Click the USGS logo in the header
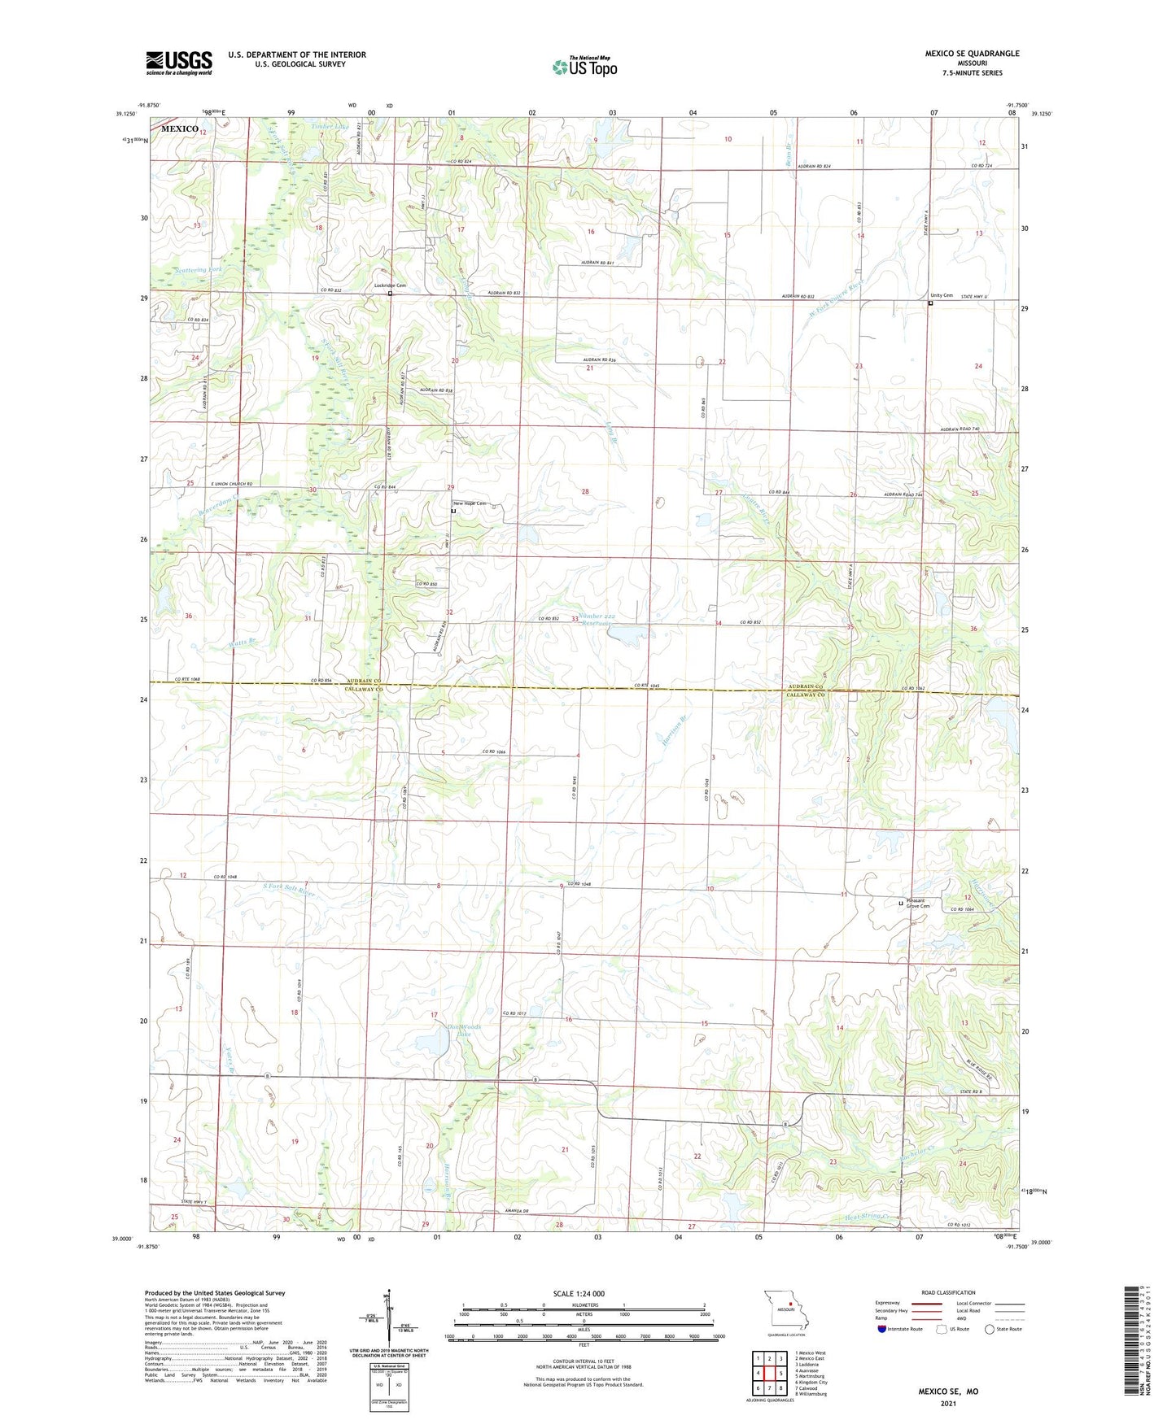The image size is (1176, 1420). (179, 63)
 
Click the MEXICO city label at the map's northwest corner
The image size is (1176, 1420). (179, 129)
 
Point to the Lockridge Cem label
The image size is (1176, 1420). (390, 285)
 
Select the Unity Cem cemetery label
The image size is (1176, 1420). (942, 295)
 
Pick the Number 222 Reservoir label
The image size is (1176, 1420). (604, 620)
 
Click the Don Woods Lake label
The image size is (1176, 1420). (464, 1030)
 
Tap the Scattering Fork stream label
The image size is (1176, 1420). (198, 269)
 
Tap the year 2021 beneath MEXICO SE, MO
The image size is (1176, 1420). (948, 1403)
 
